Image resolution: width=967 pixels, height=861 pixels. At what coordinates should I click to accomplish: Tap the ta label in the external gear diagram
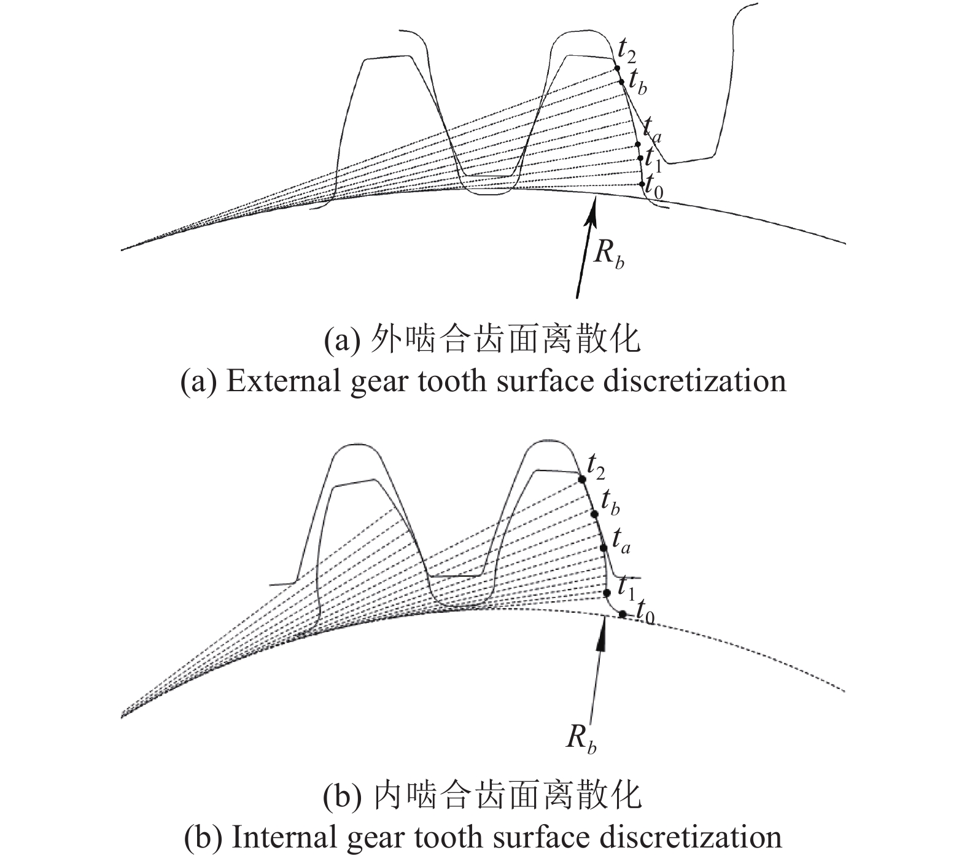click(652, 131)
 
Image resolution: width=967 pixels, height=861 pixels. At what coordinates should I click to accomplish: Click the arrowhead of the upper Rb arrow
click(593, 208)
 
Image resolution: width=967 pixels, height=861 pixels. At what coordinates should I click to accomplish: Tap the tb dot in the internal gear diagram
click(594, 513)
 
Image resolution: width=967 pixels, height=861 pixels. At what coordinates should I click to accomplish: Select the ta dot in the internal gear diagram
click(603, 547)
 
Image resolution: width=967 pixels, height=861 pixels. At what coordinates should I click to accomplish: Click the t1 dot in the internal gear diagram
click(607, 593)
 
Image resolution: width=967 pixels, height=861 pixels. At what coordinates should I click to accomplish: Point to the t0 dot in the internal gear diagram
click(623, 614)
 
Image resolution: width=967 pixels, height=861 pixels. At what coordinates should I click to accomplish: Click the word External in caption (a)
click(282, 381)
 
